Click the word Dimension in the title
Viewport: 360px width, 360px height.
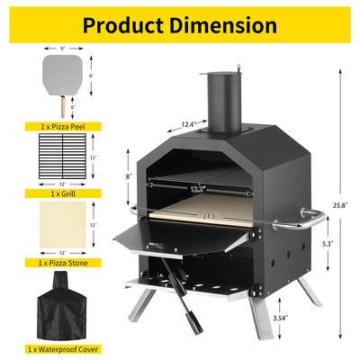[x=222, y=24]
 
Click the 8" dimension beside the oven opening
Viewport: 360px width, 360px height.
[x=131, y=176]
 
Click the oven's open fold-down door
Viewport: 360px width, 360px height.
[x=157, y=237]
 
